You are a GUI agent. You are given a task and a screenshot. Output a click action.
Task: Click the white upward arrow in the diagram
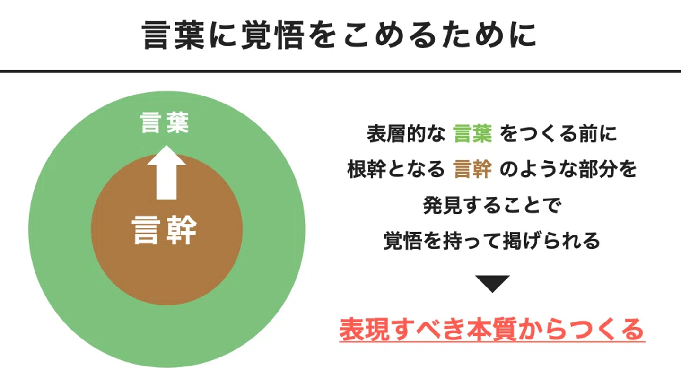[x=166, y=173]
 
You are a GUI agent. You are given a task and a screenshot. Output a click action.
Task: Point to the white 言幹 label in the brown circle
[x=165, y=230]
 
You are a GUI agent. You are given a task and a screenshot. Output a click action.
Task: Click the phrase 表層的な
[x=406, y=134]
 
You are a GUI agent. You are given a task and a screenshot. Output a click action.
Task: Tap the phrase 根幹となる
[x=396, y=170]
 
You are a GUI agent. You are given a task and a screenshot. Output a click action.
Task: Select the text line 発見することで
[x=492, y=206]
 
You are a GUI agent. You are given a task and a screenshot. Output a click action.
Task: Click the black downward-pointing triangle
[x=492, y=283]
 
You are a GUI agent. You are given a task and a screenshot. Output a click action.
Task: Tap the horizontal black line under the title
[x=340, y=71]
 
